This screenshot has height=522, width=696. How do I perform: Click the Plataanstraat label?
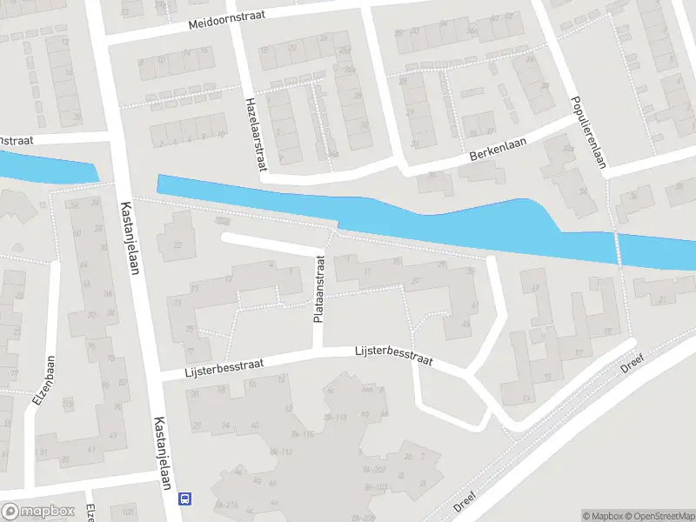point(319,289)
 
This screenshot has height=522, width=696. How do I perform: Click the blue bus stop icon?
point(184,499)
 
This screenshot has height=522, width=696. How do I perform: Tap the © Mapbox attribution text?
point(601,516)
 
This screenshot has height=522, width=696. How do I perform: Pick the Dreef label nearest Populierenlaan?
point(632,364)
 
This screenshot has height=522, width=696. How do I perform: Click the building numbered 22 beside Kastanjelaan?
point(178,244)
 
